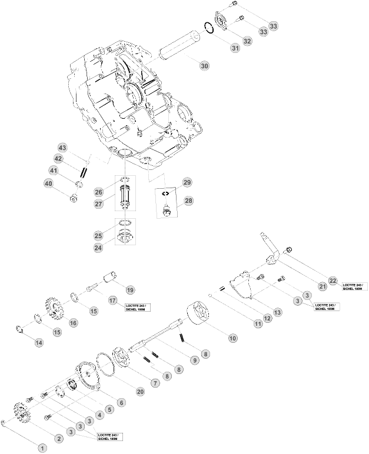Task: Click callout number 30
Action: [x=204, y=66]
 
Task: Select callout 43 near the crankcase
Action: [x=62, y=147]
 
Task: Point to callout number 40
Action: [x=48, y=183]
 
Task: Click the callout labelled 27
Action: [x=98, y=204]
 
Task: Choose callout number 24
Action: [x=98, y=248]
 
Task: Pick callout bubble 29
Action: [x=187, y=182]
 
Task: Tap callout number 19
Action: [x=129, y=289]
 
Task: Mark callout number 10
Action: [x=232, y=339]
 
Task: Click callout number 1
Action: [x=42, y=448]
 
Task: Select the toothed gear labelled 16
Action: [x=54, y=308]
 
